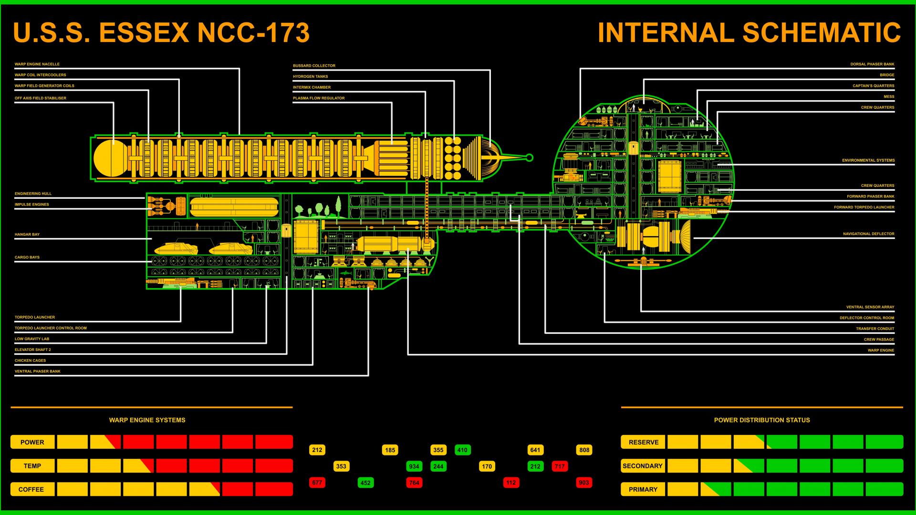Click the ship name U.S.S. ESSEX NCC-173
[x=161, y=32]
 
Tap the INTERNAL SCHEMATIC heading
[x=749, y=32]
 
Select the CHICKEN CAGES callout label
[x=30, y=360]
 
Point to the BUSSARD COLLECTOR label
[x=314, y=66]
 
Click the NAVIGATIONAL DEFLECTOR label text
[x=868, y=234]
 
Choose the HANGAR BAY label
[x=27, y=235]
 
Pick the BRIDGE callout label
[x=887, y=75]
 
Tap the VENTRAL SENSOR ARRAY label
[x=870, y=307]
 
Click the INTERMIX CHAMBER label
[x=312, y=87]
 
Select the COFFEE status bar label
[x=32, y=489]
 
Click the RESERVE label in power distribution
[x=643, y=442]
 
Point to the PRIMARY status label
[x=643, y=489]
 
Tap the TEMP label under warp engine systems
[x=32, y=466]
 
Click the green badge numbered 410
[x=462, y=450]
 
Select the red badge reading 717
[x=560, y=466]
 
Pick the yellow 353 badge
[x=341, y=466]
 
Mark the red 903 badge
[x=584, y=483]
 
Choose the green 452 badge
[x=365, y=483]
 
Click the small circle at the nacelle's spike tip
[x=529, y=157]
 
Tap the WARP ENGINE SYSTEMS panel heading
[x=147, y=420]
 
